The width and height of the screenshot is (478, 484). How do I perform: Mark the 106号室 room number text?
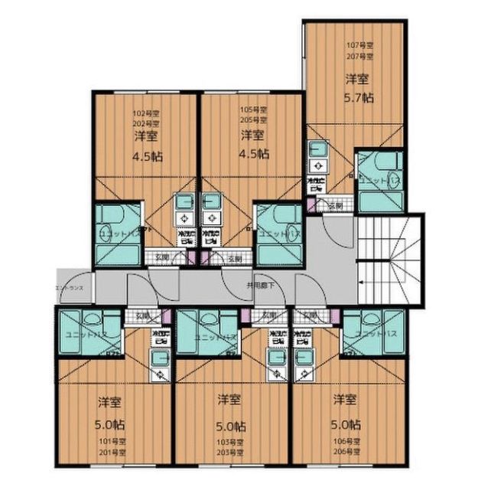click(x=346, y=443)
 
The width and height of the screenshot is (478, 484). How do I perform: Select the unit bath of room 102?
click(x=119, y=232)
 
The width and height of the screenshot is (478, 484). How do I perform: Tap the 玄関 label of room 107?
click(x=335, y=205)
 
